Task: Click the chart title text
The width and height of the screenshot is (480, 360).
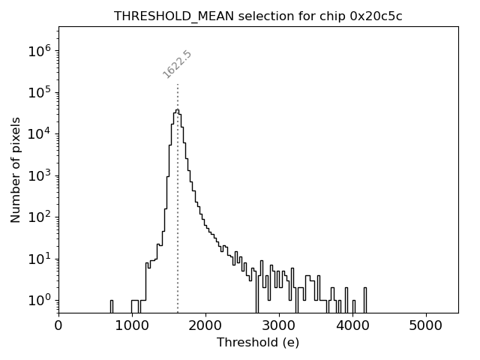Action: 258,16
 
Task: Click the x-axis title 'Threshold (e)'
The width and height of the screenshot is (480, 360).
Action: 258,343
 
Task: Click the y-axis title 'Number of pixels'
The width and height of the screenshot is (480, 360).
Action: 16,169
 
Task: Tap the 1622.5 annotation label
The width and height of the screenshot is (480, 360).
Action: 178,64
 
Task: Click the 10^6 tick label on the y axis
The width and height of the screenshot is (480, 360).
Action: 39,51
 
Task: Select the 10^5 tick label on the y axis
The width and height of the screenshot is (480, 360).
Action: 39,93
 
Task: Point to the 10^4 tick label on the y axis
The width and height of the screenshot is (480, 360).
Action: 39,134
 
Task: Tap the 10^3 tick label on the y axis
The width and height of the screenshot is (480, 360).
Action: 39,176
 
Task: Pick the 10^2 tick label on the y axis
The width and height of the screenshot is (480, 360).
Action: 39,217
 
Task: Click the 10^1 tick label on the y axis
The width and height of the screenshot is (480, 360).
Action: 39,259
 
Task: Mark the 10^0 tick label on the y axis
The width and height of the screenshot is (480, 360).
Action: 39,301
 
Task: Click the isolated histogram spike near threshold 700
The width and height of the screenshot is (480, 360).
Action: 112,305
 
